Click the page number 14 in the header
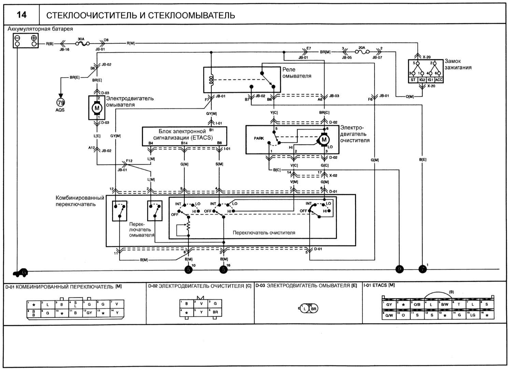pyautogui.click(x=22, y=15)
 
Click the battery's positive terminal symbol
pyautogui.click(x=34, y=38)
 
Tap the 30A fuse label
pyautogui.click(x=81, y=39)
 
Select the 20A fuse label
pyautogui.click(x=361, y=48)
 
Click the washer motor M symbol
pyautogui.click(x=97, y=108)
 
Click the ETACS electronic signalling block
pyautogui.click(x=184, y=135)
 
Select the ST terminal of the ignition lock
pyautogui.click(x=413, y=80)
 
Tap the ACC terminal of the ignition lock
pyautogui.click(x=439, y=80)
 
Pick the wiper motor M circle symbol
pyautogui.click(x=324, y=140)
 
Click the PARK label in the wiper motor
pyautogui.click(x=259, y=138)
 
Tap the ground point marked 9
pyautogui.click(x=399, y=269)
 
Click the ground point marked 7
pyautogui.click(x=423, y=269)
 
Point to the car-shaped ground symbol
pyautogui.click(x=20, y=273)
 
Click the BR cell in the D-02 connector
pyautogui.click(x=215, y=312)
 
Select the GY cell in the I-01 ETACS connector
pyautogui.click(x=389, y=304)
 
